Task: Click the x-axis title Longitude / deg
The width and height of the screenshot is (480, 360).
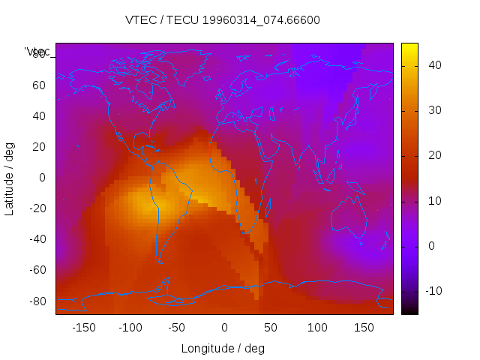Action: pyautogui.click(x=223, y=348)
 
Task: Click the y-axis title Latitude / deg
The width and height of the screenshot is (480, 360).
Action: pyautogui.click(x=10, y=178)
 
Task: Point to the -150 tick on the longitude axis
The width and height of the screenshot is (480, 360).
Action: pyautogui.click(x=84, y=328)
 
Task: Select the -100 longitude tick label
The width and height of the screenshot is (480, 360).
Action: pyautogui.click(x=130, y=328)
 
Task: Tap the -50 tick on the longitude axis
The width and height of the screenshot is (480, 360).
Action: pyautogui.click(x=177, y=328)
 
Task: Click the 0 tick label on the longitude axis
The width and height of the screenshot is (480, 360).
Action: pyautogui.click(x=224, y=328)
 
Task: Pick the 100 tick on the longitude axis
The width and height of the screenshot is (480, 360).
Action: pyautogui.click(x=317, y=328)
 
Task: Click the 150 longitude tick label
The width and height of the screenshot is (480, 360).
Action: pyautogui.click(x=364, y=328)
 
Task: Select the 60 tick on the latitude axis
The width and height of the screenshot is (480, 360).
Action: pyautogui.click(x=39, y=85)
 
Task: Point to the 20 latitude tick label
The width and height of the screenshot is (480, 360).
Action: pyautogui.click(x=39, y=147)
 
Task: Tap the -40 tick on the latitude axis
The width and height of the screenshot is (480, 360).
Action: pyautogui.click(x=37, y=239)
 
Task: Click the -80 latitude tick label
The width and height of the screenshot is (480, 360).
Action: pyautogui.click(x=37, y=301)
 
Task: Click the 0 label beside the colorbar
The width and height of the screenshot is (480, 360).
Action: pyautogui.click(x=430, y=246)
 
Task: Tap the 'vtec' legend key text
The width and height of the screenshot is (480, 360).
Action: pyautogui.click(x=37, y=52)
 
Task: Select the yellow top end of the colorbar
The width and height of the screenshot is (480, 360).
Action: pyautogui.click(x=409, y=47)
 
